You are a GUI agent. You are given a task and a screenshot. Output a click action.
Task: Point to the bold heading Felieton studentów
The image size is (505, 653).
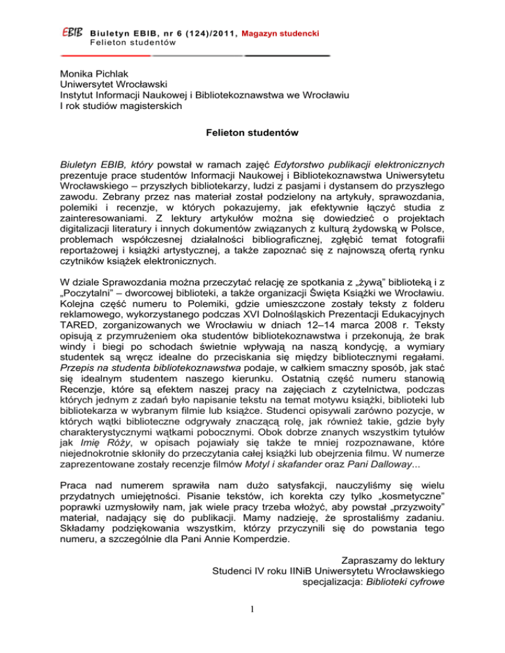[x=252, y=134]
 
